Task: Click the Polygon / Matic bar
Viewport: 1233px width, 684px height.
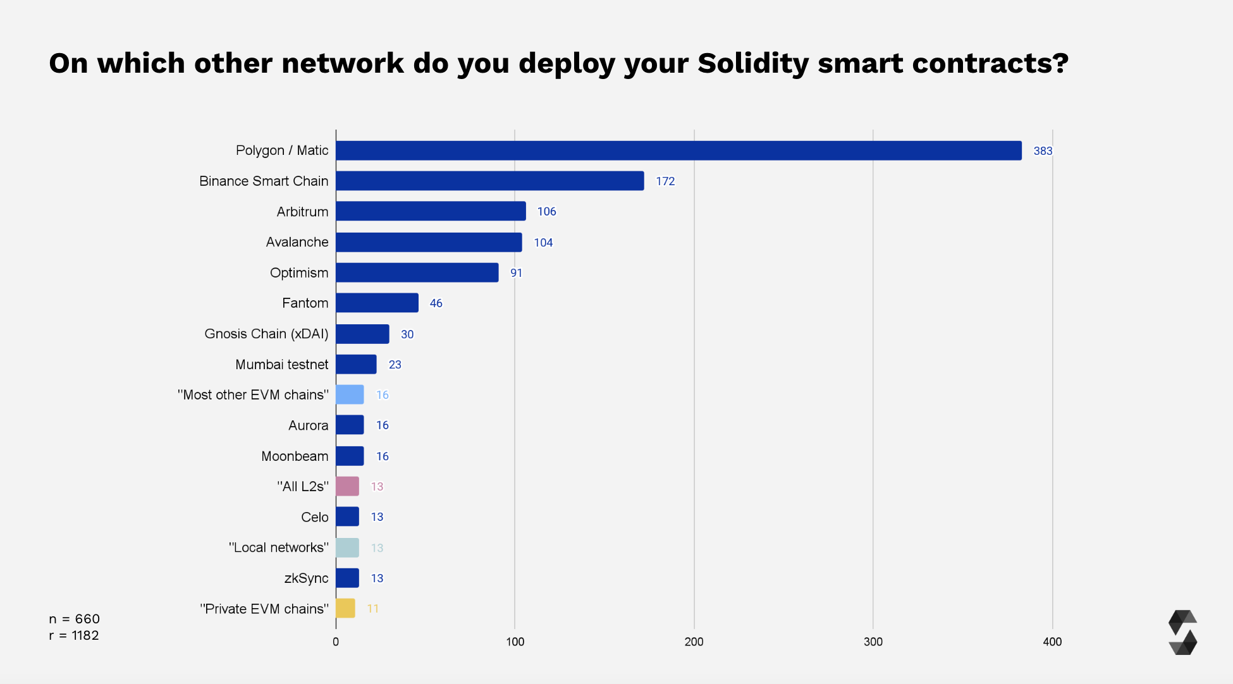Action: [x=678, y=150]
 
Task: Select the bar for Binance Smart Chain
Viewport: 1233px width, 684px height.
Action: [x=489, y=181]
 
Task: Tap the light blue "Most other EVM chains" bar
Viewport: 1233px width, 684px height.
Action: [x=350, y=394]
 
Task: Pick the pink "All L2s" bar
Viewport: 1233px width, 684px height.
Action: [x=347, y=486]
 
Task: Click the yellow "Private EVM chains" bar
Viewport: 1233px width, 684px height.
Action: [x=345, y=608]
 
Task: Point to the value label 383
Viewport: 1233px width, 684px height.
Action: [x=1043, y=151]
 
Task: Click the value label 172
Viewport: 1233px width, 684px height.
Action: [x=665, y=181]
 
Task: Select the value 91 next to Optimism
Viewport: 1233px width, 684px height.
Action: [x=516, y=273]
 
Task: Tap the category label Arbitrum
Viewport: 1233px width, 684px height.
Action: [x=302, y=212]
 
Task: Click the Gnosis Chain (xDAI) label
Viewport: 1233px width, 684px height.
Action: [x=266, y=334]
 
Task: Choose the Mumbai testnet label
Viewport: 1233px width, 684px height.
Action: [x=281, y=365]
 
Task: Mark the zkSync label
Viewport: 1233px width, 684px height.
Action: [x=306, y=578]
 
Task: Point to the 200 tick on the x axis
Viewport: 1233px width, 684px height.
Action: [x=694, y=642]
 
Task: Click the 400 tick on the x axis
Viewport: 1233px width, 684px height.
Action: [x=1052, y=642]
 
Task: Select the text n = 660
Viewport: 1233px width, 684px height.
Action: [x=74, y=619]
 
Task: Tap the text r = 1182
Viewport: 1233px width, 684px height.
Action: [x=74, y=635]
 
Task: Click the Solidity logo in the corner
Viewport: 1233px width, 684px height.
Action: [x=1182, y=632]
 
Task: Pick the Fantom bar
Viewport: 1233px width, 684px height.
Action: [x=377, y=303]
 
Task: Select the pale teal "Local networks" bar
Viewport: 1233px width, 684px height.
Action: [x=347, y=547]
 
